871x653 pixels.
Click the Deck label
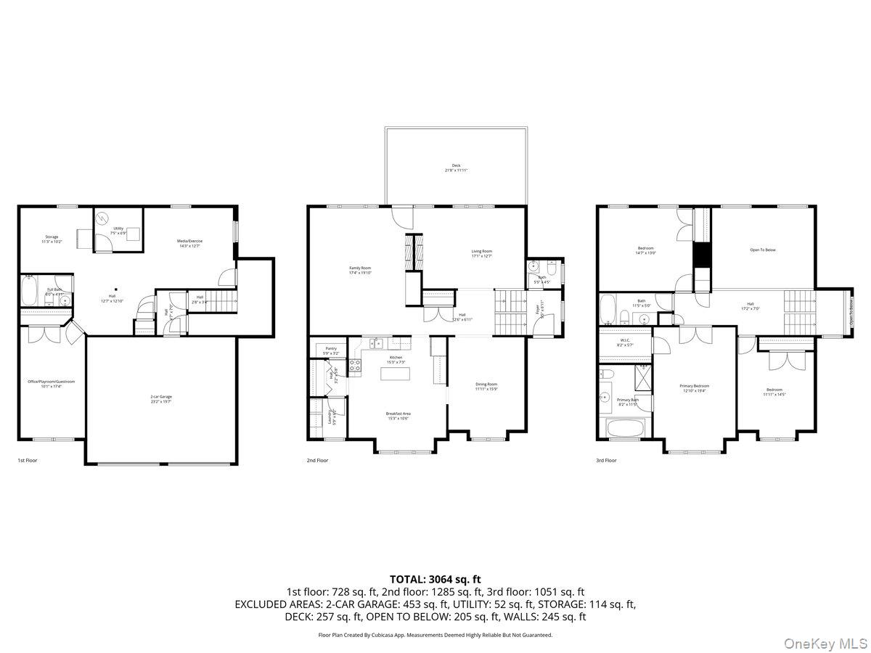tap(456, 168)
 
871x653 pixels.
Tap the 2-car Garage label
tap(161, 398)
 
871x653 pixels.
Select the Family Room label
tap(360, 270)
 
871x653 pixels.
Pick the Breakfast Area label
tap(396, 416)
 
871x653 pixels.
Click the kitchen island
tap(396, 374)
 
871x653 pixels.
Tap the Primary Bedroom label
tap(695, 388)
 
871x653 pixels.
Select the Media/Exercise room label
tap(189, 243)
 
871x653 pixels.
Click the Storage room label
tap(52, 239)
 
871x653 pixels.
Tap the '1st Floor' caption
tap(27, 460)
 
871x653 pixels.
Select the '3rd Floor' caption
tap(606, 460)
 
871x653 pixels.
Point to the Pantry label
tap(330, 350)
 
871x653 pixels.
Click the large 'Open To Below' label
tap(762, 250)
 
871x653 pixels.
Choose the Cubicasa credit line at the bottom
tap(435, 634)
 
